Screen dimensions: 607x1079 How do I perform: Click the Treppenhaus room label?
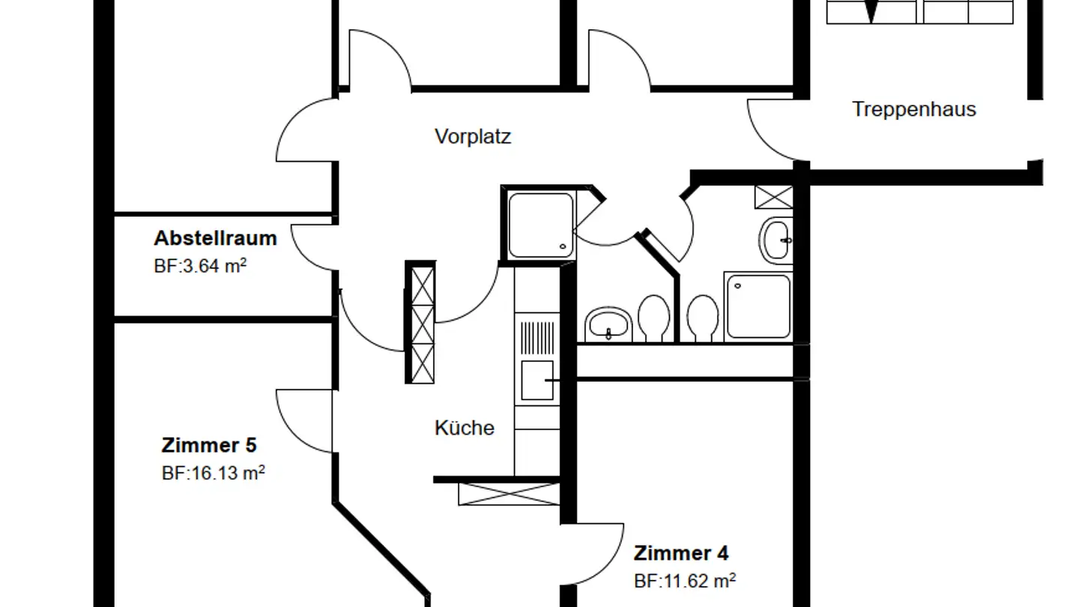tap(913, 109)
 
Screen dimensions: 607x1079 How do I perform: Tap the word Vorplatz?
tap(473, 137)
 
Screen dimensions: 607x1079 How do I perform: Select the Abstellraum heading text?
tap(215, 238)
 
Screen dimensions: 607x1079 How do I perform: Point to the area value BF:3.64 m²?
tap(200, 266)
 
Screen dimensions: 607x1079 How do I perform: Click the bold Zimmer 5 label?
tap(209, 445)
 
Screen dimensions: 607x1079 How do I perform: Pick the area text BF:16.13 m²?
tap(213, 474)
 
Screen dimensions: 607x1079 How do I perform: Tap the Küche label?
tap(465, 428)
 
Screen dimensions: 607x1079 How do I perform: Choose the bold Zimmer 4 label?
tap(680, 553)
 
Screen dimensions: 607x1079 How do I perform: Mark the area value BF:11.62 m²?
tap(684, 581)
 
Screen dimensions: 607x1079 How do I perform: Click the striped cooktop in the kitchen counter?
tap(537, 339)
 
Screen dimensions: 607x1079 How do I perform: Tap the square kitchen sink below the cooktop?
tap(537, 380)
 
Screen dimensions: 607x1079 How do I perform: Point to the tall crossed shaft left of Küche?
tap(420, 322)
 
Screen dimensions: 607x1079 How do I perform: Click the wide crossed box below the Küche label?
tap(508, 494)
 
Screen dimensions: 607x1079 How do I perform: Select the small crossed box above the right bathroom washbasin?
tap(773, 197)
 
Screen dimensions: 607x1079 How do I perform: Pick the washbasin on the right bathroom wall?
tap(776, 240)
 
